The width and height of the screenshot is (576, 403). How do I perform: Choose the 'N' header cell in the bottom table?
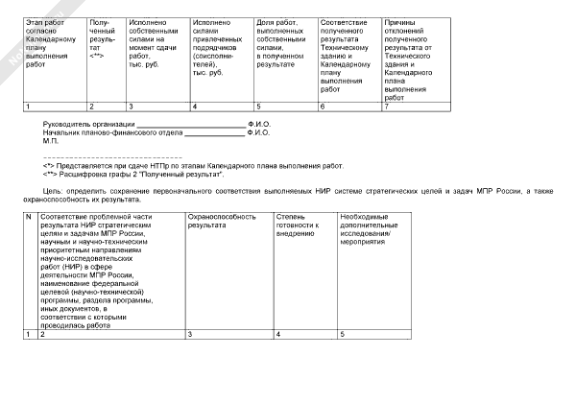pos(29,219)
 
